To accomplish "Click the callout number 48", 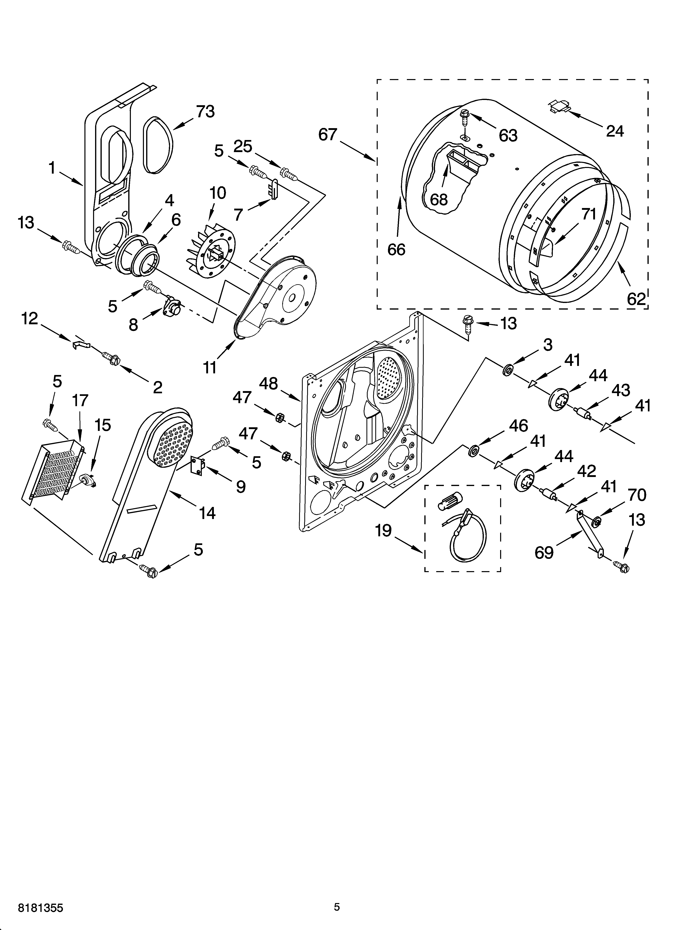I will point(269,384).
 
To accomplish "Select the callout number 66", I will point(396,249).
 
